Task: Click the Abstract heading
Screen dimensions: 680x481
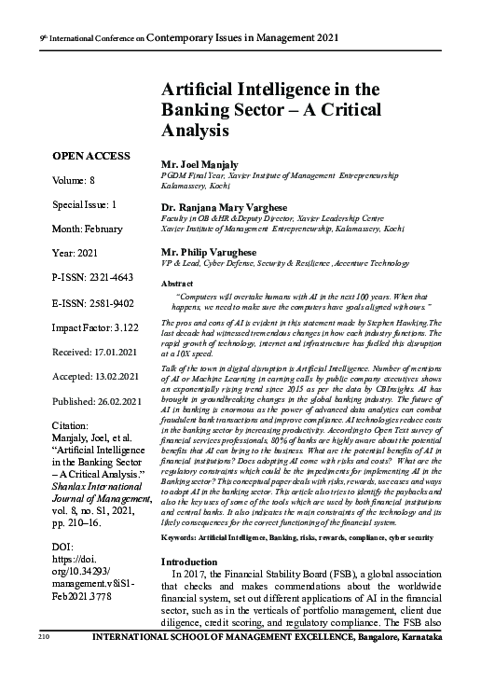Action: pos(177,282)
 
